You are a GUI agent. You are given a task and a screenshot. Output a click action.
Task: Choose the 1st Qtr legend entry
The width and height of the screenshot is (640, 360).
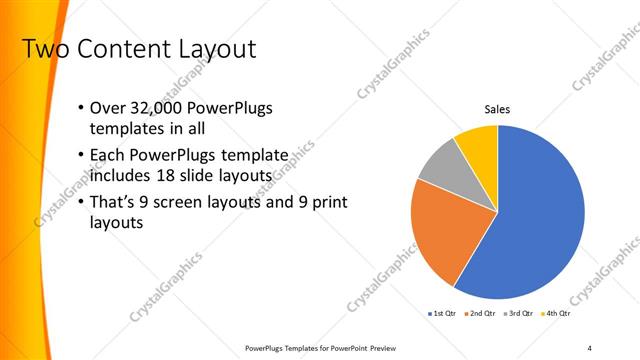click(x=443, y=314)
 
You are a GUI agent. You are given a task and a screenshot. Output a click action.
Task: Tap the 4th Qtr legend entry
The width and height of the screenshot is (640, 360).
click(x=557, y=314)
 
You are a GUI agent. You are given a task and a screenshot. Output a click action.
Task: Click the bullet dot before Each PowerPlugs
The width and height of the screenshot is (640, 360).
click(x=81, y=156)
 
